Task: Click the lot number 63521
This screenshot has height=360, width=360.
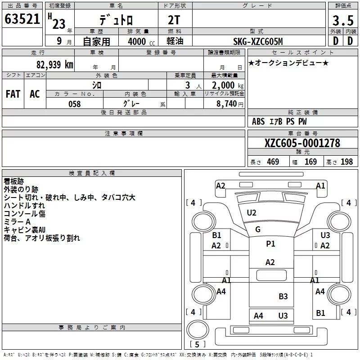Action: (22, 19)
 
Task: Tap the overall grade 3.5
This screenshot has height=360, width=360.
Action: (343, 20)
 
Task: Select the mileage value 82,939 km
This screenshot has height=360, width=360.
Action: (55, 64)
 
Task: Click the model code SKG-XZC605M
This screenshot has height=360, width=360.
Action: (258, 41)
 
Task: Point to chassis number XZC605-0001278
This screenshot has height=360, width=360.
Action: (302, 143)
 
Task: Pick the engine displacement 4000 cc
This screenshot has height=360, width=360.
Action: (141, 41)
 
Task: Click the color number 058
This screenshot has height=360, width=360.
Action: (75, 104)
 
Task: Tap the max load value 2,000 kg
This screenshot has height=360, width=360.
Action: (228, 85)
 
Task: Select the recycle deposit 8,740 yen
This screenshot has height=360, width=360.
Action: (230, 104)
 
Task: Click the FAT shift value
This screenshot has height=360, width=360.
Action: (13, 94)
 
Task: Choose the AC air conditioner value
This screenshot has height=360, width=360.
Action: (35, 94)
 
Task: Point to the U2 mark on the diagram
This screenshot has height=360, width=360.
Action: (252, 213)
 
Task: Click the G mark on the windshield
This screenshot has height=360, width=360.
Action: (258, 229)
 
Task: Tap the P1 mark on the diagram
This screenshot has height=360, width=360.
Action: (270, 243)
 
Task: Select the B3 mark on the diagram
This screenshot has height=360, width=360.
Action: (283, 297)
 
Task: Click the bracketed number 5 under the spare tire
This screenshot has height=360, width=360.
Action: (197, 344)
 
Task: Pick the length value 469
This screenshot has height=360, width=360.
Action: (273, 162)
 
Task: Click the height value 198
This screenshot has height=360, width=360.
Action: (346, 162)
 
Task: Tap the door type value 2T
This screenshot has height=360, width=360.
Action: (174, 20)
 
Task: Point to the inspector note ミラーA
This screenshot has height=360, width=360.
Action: (17, 222)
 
